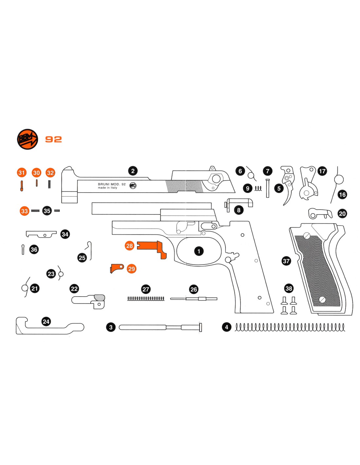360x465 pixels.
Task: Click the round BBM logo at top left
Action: [x=27, y=139]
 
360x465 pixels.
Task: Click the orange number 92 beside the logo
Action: [x=53, y=139]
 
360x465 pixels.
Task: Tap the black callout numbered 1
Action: [x=199, y=251]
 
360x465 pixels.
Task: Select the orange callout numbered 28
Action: [x=130, y=246]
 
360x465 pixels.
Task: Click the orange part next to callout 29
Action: [x=116, y=268]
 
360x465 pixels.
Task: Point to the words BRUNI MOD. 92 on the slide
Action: [x=112, y=184]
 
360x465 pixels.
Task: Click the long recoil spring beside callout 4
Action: [x=290, y=327]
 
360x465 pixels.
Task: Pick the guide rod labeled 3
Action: [x=160, y=327]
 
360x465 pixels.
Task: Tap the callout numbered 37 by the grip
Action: [x=286, y=261]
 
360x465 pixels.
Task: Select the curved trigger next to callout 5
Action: [x=289, y=193]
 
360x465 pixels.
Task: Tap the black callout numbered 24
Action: [x=46, y=321]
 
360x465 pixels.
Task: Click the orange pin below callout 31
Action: [x=22, y=186]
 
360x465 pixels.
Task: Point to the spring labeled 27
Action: [x=146, y=299]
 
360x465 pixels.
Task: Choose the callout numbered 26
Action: [x=194, y=289]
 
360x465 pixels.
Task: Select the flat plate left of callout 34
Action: [x=41, y=234]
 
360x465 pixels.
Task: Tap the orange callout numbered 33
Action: [x=24, y=211]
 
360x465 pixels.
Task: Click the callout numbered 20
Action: [x=342, y=214]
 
